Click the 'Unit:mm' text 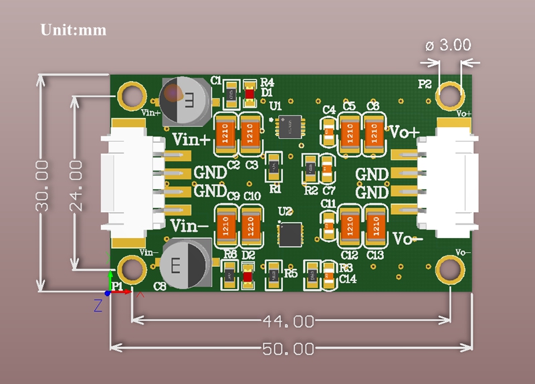74,30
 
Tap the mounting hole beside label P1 131,269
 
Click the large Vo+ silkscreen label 403,131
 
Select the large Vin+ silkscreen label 191,140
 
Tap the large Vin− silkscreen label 190,224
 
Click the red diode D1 249,95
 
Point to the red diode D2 248,276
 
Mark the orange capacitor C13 374,226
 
